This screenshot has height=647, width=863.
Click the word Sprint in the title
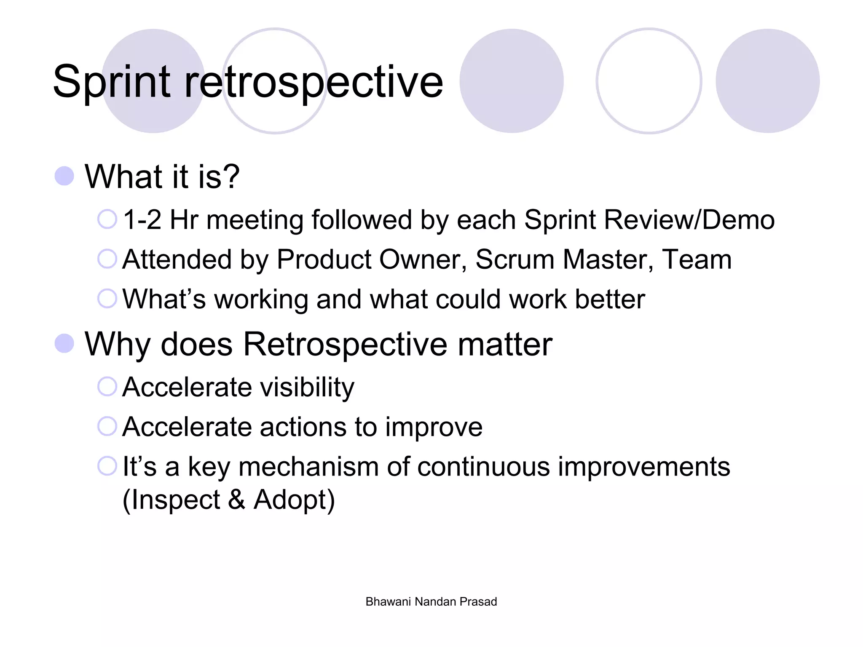(x=112, y=82)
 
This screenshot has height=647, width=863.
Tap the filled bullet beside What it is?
(x=64, y=176)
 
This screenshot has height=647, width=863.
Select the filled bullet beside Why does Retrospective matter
(x=64, y=344)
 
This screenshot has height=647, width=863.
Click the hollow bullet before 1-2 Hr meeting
(x=107, y=219)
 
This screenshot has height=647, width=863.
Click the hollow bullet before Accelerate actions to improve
(x=107, y=426)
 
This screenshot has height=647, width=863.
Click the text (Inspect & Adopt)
(x=228, y=500)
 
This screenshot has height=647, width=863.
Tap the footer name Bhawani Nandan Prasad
(x=431, y=602)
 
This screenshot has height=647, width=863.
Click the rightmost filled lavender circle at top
(x=767, y=81)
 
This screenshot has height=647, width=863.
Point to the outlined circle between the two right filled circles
(x=649, y=81)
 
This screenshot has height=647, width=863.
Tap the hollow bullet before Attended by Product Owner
(x=107, y=259)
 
